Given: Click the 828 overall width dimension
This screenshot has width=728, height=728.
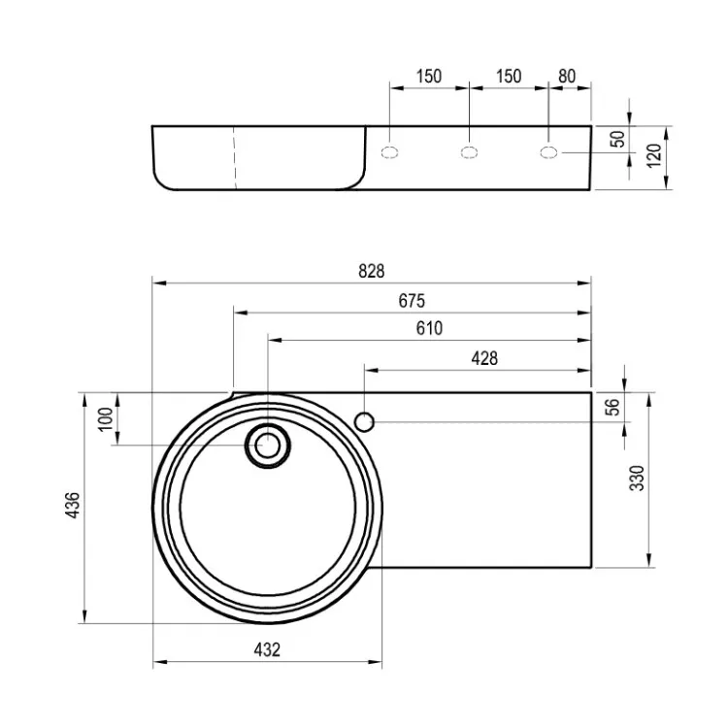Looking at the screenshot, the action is point(372,271).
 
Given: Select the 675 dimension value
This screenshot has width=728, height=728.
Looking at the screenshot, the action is point(412,301).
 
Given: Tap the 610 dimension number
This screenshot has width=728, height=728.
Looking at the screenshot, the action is point(429,329).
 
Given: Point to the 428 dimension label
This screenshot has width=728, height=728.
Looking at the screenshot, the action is point(484,358).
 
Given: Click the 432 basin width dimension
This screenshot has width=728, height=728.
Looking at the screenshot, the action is point(267,650).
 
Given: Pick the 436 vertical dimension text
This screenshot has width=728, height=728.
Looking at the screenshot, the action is point(74,505).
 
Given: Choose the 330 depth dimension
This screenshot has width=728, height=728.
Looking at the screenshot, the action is point(637,479).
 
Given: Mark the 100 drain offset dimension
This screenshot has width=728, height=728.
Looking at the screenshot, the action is point(107,418).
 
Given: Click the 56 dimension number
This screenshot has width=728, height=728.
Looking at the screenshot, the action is point(612,407).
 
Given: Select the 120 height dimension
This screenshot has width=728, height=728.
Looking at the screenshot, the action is point(653,156).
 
